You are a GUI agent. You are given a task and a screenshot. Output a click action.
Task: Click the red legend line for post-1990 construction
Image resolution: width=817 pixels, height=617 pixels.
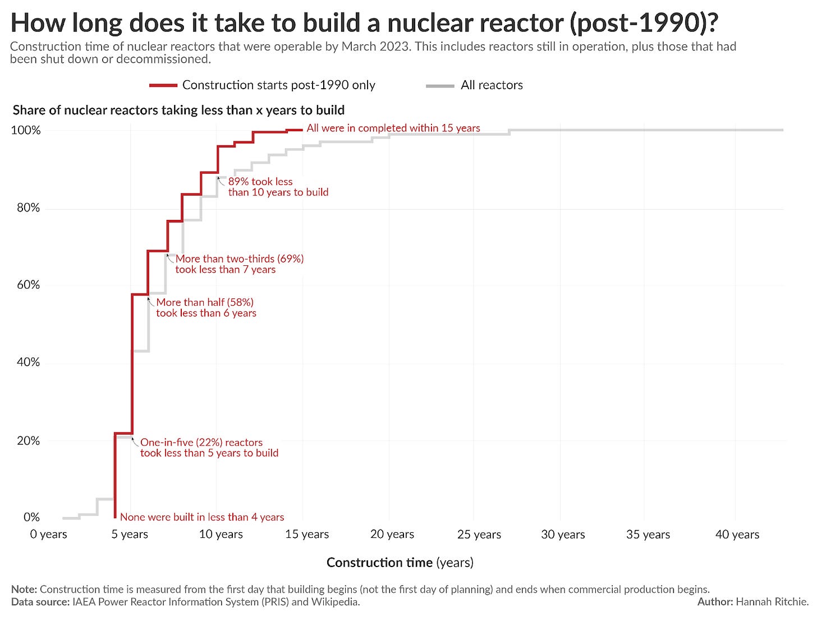point(163,85)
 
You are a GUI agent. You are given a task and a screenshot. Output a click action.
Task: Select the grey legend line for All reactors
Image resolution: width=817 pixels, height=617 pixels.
point(440,85)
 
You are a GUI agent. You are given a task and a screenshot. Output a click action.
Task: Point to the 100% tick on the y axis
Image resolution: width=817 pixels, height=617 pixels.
point(26,130)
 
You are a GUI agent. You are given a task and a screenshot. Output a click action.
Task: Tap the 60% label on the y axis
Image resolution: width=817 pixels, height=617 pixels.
point(28,285)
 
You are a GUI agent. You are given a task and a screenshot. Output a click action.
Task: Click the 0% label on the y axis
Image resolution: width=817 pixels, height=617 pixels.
point(31,517)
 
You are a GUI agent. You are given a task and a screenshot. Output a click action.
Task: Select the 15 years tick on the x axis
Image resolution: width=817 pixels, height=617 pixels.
point(306,534)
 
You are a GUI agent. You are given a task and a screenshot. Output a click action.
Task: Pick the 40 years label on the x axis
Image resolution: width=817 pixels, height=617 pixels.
point(737,535)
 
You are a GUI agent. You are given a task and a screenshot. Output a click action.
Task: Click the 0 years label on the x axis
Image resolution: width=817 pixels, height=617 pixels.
point(48,534)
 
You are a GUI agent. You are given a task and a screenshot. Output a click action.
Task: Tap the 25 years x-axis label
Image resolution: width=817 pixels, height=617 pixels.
point(479,535)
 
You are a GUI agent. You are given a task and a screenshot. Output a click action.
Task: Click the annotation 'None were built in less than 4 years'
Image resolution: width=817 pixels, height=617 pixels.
point(202,517)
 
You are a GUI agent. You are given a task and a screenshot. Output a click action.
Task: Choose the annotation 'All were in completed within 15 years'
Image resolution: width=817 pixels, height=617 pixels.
point(393,128)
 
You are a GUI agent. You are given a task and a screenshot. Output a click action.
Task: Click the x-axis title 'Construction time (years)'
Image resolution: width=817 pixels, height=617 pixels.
point(400,563)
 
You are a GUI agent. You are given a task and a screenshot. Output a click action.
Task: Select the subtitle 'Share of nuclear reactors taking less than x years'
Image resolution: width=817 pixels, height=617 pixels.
point(178,110)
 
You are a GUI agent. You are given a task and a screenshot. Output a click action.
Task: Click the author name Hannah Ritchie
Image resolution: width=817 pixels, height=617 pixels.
point(772,602)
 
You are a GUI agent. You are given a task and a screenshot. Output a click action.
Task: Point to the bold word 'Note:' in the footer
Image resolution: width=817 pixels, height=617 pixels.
point(24,590)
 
